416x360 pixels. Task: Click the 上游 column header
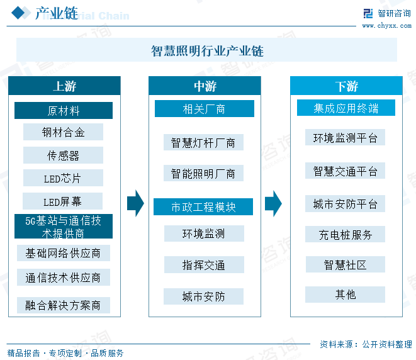coord(64,86)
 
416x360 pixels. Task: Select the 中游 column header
coord(205,86)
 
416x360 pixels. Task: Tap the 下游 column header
coord(346,86)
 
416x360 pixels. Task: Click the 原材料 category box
coord(64,110)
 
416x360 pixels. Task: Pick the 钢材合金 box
coord(63,132)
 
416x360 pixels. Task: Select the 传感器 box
coord(63,155)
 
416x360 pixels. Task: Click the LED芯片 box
coord(63,178)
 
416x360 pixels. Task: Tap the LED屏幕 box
coord(62,201)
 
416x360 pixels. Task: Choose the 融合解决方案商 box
coord(64,305)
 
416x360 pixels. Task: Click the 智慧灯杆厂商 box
coord(203,142)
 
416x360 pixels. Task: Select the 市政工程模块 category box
coord(203,206)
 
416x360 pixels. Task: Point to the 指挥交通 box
coord(204,265)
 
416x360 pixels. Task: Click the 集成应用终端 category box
coord(346,108)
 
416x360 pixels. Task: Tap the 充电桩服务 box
coord(345,234)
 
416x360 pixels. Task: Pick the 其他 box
coord(345,295)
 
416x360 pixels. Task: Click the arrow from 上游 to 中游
coord(135,203)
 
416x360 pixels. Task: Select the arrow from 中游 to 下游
coord(273,203)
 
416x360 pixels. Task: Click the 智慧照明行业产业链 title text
coord(207,51)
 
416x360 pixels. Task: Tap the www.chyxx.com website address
coord(387,26)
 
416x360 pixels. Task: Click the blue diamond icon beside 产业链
coord(19,13)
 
